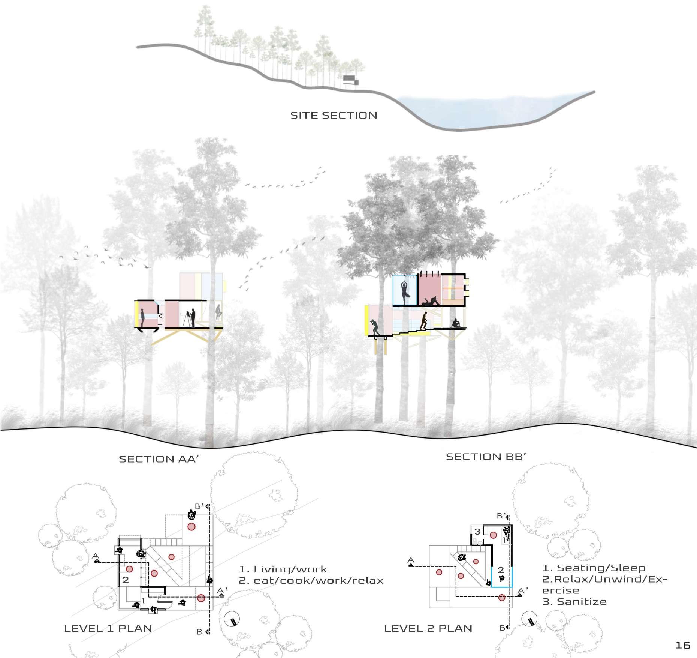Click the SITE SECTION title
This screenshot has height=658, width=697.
click(334, 115)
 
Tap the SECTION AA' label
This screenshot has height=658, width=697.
click(158, 459)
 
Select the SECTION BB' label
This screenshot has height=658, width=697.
click(486, 457)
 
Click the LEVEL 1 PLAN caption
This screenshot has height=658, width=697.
click(108, 628)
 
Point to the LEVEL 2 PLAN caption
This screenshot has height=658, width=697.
click(428, 628)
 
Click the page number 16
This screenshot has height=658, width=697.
click(682, 645)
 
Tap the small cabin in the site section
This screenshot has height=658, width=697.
click(351, 80)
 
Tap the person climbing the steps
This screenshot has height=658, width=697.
click(423, 321)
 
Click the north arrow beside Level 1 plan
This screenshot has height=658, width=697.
click(232, 620)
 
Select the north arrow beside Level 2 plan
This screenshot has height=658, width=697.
click(529, 620)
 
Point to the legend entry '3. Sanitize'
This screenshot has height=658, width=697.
click(574, 602)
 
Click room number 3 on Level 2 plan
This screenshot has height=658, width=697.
click(477, 532)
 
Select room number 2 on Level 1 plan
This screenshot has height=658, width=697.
click(126, 580)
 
